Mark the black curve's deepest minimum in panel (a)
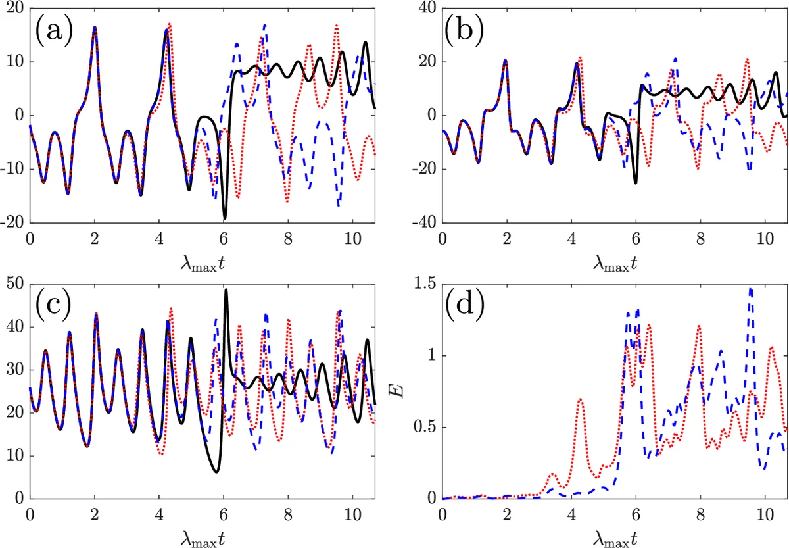click(x=225, y=218)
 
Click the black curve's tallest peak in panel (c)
click(x=226, y=289)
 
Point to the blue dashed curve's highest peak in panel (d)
click(x=750, y=288)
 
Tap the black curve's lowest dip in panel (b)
click(x=636, y=182)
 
